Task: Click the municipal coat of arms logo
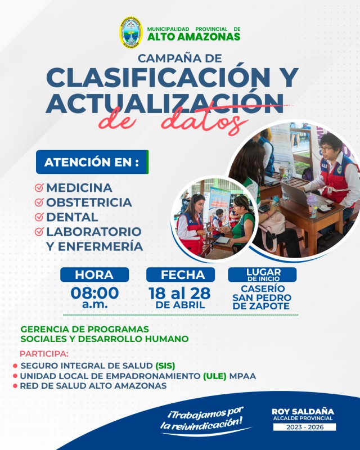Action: [130, 33]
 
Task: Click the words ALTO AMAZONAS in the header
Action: [193, 37]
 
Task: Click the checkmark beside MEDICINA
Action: [39, 187]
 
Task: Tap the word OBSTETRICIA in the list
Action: [89, 202]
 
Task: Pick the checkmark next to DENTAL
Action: [39, 217]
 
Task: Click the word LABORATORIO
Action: [93, 231]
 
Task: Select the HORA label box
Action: [94, 274]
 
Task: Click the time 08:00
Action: [94, 292]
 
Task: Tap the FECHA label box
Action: [180, 274]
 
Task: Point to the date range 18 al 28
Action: [180, 292]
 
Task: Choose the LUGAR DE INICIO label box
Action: [262, 274]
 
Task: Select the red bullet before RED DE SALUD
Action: [15, 386]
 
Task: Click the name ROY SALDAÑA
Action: [303, 411]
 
